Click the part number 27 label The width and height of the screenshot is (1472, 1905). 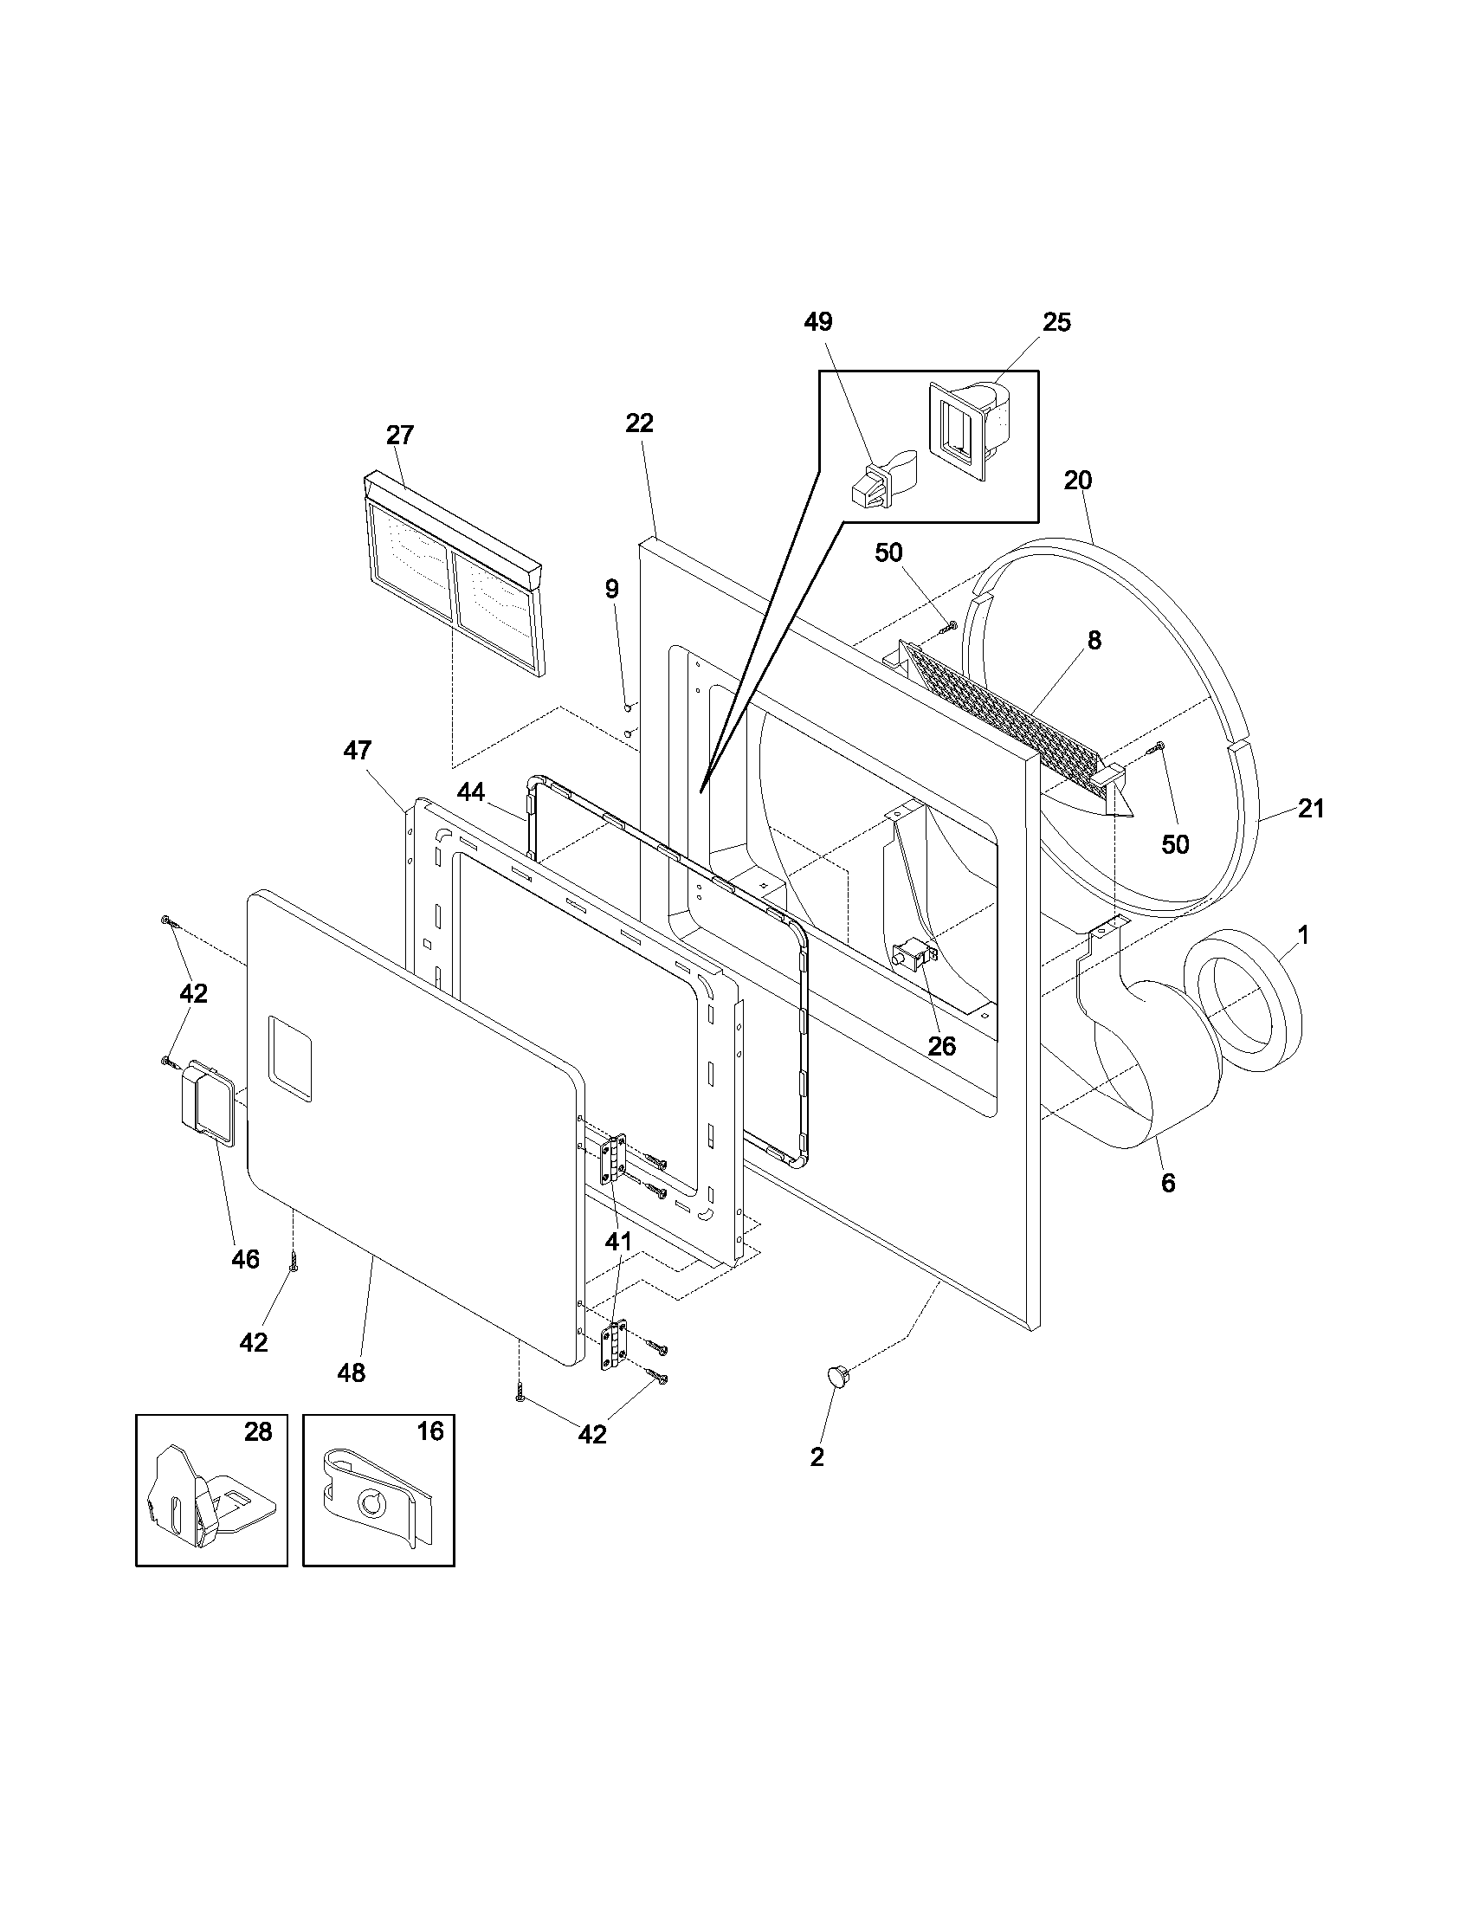pos(399,435)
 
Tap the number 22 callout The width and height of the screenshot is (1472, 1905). pos(639,423)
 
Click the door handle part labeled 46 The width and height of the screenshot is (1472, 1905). pos(207,1101)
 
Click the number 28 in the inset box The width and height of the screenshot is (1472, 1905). pos(258,1431)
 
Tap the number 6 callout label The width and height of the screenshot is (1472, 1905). pos(1168,1183)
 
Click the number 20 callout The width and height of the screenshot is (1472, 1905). pos(1078,481)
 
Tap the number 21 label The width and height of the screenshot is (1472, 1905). pos(1311,809)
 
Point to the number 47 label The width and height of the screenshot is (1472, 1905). pos(358,750)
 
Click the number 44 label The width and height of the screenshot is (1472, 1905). pos(471,792)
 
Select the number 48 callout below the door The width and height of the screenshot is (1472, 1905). pos(352,1372)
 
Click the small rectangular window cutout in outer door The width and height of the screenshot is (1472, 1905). pos(290,1057)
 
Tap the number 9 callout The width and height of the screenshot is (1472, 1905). pos(612,589)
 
